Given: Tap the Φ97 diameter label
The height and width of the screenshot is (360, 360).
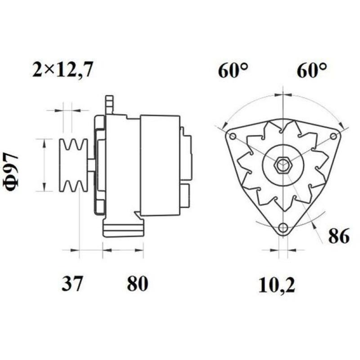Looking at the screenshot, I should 13,172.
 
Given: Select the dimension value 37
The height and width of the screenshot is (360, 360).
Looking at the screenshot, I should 72,283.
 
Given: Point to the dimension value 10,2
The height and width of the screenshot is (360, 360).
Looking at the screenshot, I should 277,285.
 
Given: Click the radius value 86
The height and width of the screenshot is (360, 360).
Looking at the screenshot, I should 338,236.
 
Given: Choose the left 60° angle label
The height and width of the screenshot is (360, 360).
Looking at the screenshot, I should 233,71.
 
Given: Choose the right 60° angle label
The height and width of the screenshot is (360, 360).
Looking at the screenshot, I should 311,71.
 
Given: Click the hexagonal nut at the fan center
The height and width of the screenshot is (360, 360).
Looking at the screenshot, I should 283,165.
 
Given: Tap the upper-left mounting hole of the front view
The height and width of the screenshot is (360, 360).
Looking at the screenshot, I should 233,136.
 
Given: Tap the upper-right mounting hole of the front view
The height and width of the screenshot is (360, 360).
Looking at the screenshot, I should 333,136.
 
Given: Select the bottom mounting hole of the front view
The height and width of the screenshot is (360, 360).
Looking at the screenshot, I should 283,228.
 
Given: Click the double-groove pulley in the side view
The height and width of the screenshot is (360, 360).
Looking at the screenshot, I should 74,165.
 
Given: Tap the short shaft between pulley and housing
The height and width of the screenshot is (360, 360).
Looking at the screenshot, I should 91,165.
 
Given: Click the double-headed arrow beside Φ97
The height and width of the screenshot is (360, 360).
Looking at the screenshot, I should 44,165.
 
